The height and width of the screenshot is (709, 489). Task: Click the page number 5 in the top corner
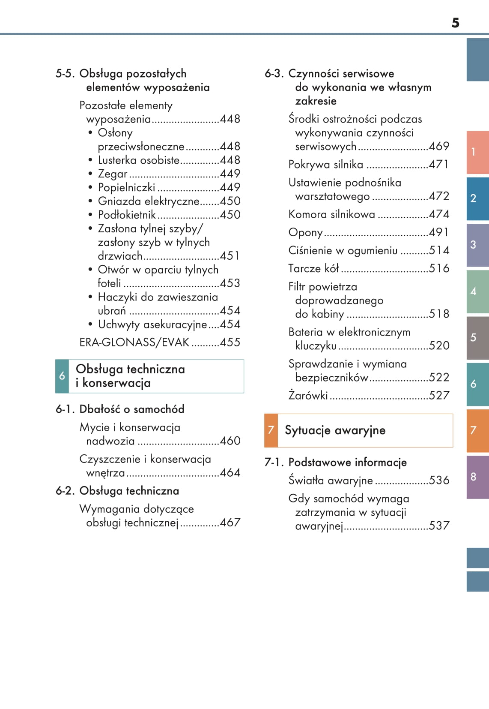455,23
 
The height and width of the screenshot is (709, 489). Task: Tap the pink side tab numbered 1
477,152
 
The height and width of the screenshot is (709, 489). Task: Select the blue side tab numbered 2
477,198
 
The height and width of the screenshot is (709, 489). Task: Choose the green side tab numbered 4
477,291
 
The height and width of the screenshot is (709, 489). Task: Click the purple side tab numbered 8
477,477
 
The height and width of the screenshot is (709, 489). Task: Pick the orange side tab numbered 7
477,430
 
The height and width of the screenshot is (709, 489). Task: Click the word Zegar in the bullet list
113,174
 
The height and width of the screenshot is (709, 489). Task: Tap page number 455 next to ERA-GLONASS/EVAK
230,342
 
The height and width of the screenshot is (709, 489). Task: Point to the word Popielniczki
126,187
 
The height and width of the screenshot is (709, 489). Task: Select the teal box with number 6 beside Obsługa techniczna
62,376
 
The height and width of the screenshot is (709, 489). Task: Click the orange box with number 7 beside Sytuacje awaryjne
271,430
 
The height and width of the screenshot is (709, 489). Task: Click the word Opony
305,232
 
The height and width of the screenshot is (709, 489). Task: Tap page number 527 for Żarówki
439,395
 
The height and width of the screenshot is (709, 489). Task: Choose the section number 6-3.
274,73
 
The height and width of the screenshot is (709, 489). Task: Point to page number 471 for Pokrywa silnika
439,164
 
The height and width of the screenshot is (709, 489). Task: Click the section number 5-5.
65,73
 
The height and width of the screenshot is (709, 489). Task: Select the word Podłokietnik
127,215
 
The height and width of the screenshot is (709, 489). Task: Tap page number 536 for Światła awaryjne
439,480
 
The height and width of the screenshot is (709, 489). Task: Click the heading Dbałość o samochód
132,409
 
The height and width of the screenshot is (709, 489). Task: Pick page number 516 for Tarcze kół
439,268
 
